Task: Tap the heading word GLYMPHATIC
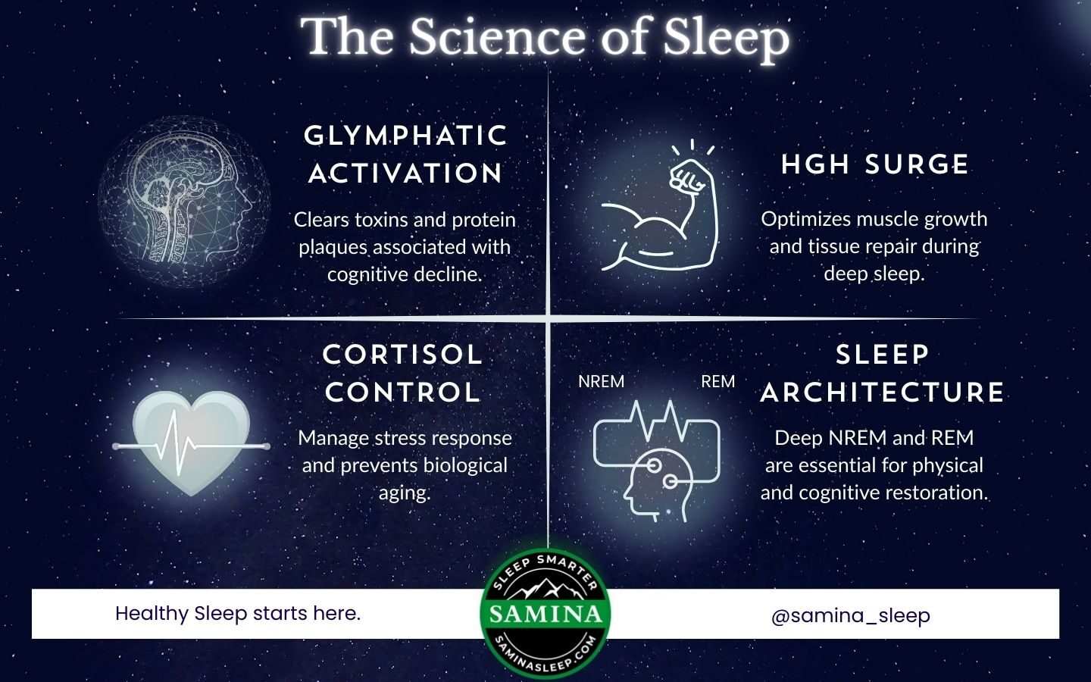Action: [x=406, y=136]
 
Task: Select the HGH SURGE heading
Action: [x=875, y=164]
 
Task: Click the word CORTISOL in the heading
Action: [x=402, y=355]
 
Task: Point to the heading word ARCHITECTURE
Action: [x=882, y=393]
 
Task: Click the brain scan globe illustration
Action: [x=184, y=201]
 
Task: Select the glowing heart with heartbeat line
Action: [x=191, y=443]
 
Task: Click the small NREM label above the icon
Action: [x=601, y=381]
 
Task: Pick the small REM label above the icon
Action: [x=718, y=381]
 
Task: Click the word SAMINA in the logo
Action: [x=545, y=615]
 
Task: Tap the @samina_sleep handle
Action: [x=851, y=616]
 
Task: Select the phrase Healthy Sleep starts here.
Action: [x=238, y=614]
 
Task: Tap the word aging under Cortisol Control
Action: [x=405, y=494]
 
